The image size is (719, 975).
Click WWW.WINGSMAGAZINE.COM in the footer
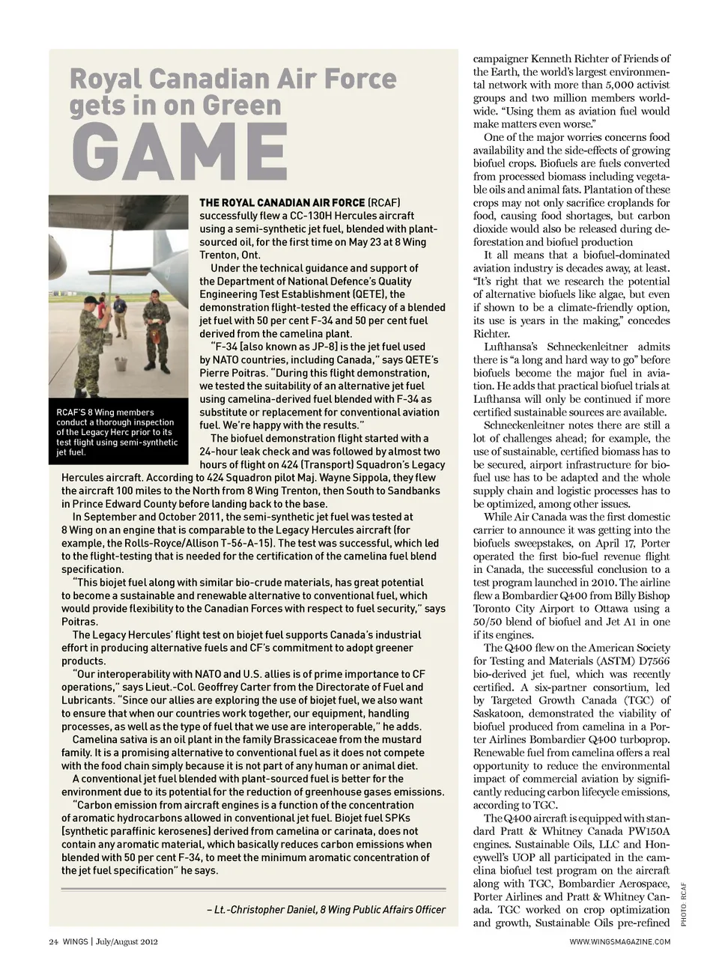click(620, 941)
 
